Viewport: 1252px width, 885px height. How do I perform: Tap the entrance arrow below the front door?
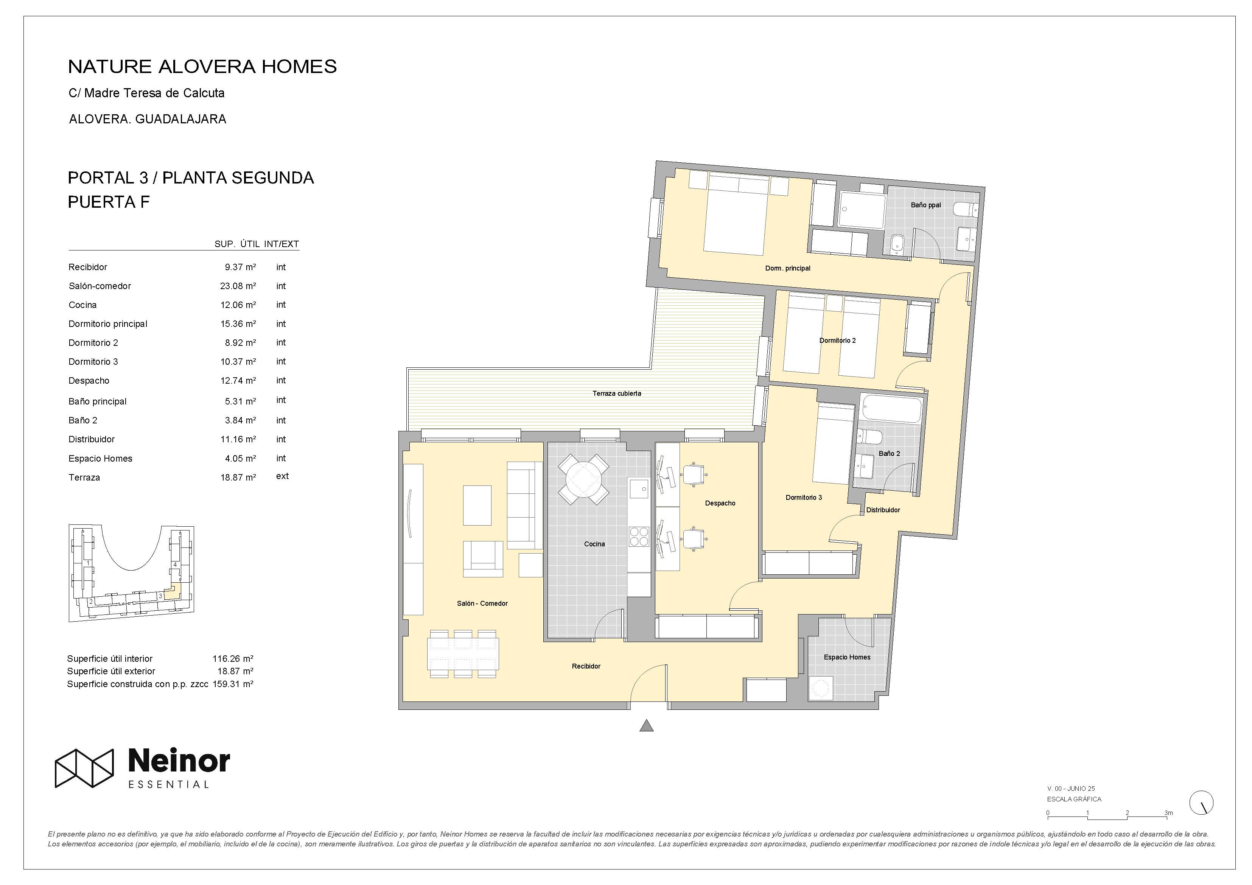tap(646, 725)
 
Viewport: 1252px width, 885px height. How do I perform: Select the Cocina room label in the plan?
tap(594, 544)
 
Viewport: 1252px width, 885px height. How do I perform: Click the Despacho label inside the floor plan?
tap(720, 503)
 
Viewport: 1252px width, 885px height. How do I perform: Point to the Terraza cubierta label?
tap(617, 393)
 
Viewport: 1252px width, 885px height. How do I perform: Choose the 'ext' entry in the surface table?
tap(283, 476)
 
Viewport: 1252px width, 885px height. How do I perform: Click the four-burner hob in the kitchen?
tap(639, 537)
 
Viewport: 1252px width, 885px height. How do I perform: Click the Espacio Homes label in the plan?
tap(847, 657)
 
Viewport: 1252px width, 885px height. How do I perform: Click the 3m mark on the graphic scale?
tap(1168, 812)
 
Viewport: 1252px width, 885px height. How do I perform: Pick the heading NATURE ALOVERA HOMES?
tap(202, 67)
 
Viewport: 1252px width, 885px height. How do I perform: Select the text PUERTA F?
tap(109, 202)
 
